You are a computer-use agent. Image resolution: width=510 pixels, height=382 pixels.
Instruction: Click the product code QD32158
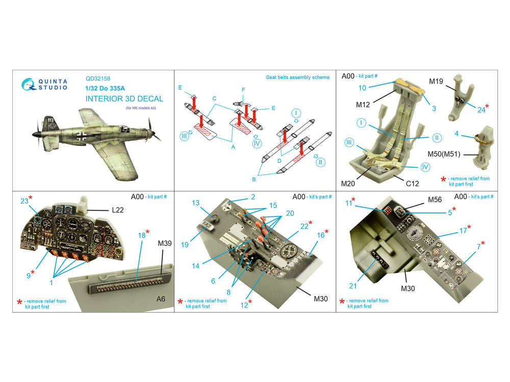tap(98, 78)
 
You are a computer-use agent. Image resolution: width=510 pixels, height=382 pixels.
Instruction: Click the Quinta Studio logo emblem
tap(29, 84)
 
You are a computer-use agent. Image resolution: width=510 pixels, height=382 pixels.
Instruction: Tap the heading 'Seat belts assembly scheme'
tap(298, 77)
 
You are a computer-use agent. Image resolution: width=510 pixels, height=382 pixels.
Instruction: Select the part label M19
tap(436, 81)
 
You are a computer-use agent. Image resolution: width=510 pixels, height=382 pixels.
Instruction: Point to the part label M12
tap(363, 104)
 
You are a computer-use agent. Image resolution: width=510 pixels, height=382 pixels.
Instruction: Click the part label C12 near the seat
tap(412, 183)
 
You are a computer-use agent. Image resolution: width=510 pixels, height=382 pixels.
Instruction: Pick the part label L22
tap(118, 210)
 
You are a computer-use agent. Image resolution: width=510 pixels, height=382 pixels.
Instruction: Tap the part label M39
tap(165, 243)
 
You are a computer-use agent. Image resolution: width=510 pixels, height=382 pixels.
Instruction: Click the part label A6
tap(161, 299)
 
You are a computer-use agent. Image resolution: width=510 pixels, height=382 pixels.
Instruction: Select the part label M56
tap(435, 200)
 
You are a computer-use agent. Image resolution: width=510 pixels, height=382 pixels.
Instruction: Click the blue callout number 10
tap(362, 88)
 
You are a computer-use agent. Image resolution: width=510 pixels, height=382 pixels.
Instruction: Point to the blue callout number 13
tap(195, 203)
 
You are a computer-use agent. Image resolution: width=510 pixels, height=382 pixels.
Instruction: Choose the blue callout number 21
tap(353, 286)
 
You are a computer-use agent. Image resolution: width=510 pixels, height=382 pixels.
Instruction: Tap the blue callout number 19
tap(185, 244)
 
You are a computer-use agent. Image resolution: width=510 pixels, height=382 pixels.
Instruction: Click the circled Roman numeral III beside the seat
tap(349, 142)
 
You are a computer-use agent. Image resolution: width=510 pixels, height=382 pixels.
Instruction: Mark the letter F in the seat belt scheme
tap(243, 90)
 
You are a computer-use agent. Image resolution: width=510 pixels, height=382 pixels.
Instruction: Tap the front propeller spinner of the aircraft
tap(35, 134)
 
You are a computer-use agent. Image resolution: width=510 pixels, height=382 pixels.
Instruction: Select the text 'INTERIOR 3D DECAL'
tap(124, 99)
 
